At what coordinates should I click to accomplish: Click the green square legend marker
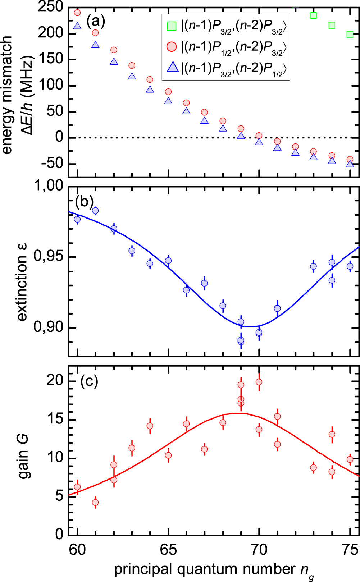(x=172, y=26)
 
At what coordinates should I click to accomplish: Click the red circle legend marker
(x=172, y=47)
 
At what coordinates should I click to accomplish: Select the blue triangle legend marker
(x=173, y=67)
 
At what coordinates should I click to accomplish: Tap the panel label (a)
(x=95, y=22)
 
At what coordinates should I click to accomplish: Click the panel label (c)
(x=89, y=381)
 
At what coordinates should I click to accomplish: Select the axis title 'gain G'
(x=24, y=457)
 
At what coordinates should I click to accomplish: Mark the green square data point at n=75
(x=350, y=34)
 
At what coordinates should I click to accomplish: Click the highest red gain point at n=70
(x=259, y=382)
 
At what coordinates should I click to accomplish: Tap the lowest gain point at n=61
(x=95, y=502)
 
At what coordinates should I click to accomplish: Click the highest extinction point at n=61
(x=95, y=211)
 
